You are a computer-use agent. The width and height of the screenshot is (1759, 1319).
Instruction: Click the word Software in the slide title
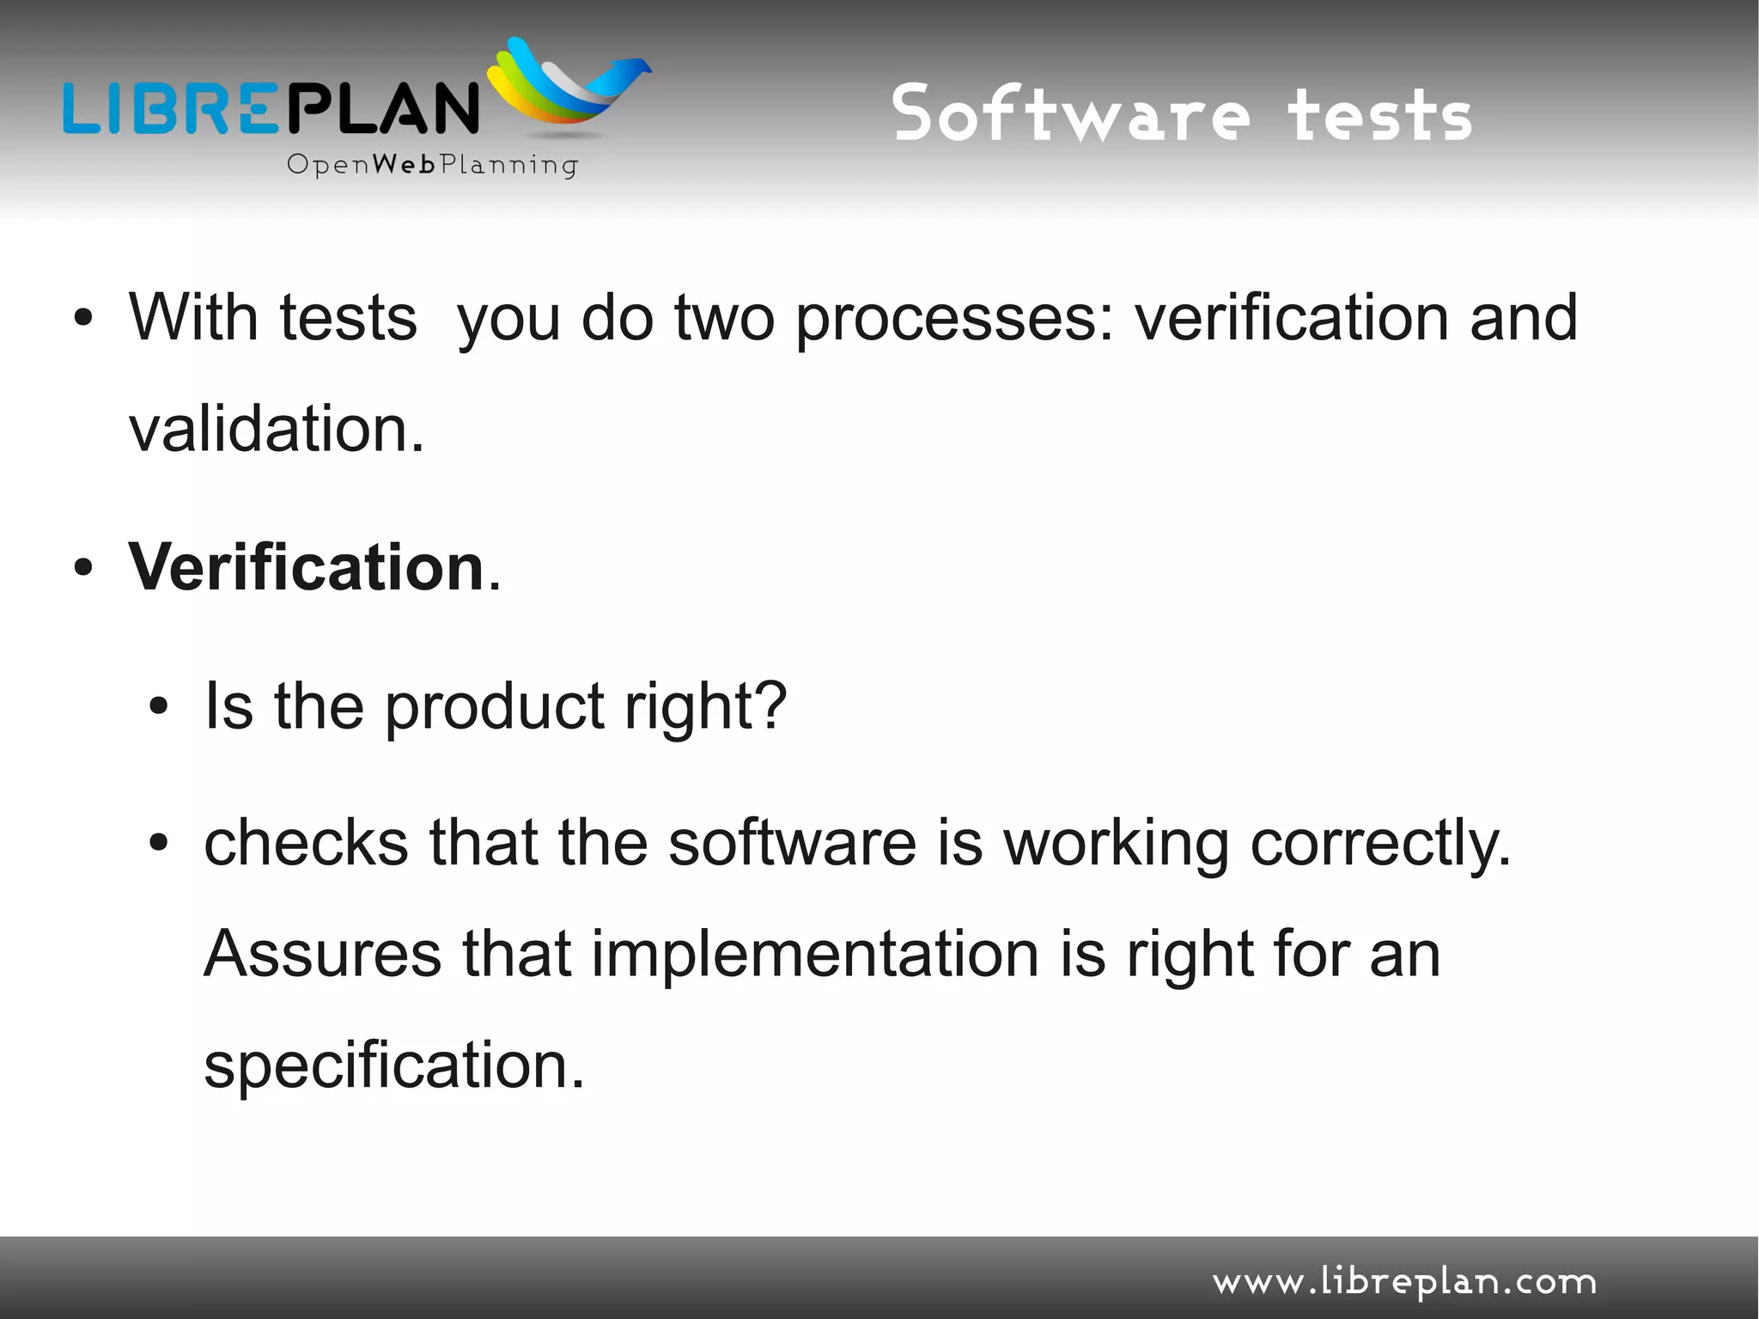coord(1070,114)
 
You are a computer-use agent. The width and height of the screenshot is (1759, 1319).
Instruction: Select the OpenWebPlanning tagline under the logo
coord(432,164)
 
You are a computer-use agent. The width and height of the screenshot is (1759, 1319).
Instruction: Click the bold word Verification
coord(307,568)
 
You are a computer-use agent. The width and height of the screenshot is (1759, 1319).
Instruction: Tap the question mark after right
coord(772,705)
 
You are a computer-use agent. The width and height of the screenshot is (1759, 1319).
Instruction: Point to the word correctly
coord(1379,846)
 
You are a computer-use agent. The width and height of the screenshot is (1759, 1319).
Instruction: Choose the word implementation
coord(815,956)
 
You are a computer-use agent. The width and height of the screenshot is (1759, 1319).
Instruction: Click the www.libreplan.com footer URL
coord(1404,1282)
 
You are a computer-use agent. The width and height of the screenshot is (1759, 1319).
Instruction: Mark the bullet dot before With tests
coord(83,319)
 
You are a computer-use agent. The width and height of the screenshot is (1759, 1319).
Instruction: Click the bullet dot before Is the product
coord(159,706)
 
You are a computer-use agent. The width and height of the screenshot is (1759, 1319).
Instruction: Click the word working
coord(1117,846)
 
